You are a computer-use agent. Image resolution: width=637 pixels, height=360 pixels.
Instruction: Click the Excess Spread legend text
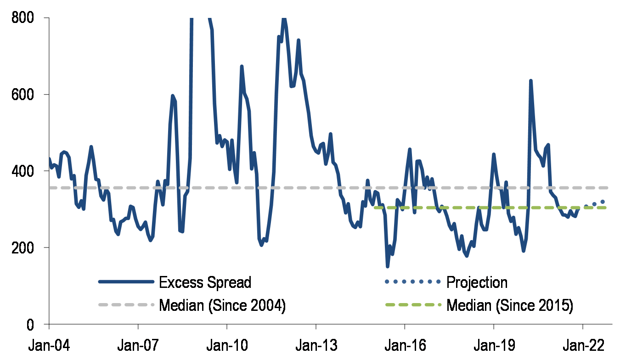pyautogui.click(x=205, y=282)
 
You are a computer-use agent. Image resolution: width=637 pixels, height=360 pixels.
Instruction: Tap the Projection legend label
pyautogui.click(x=477, y=282)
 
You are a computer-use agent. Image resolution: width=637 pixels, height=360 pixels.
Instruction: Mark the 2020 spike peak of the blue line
pyautogui.click(x=531, y=81)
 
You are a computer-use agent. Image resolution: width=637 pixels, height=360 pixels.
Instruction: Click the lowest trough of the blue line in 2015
pyautogui.click(x=388, y=266)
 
